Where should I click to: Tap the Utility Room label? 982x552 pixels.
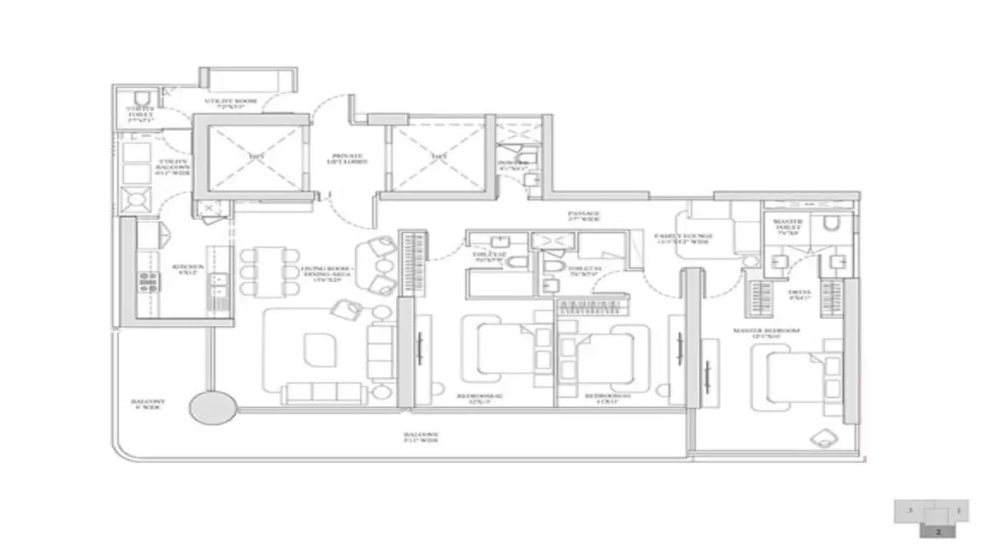coord(230,104)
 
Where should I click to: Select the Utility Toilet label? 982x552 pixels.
coord(140,115)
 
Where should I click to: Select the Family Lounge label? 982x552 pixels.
coord(684,238)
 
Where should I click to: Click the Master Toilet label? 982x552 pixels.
coord(788,227)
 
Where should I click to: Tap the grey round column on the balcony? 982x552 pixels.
coord(213,407)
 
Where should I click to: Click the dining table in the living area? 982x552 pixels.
coord(269,271)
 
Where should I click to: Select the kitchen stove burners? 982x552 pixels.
coord(148,282)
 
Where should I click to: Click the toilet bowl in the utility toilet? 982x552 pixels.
coord(140,97)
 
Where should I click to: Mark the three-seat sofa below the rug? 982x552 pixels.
coord(324,393)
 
